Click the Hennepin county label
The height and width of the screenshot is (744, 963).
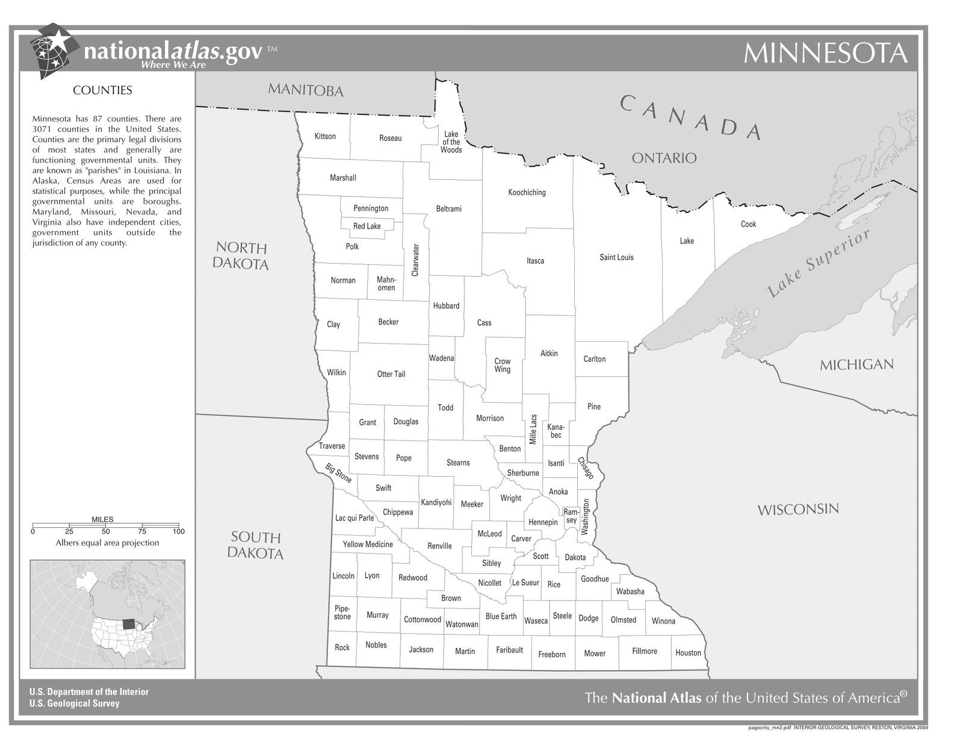coord(543,522)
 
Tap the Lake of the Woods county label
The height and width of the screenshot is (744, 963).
coord(451,142)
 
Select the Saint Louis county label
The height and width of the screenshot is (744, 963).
coord(616,258)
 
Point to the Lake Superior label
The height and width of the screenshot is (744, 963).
coord(819,264)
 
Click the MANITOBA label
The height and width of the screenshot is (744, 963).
coord(305,91)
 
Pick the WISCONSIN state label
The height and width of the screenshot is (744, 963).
coord(797,510)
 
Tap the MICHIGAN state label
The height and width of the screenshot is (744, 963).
coord(856,365)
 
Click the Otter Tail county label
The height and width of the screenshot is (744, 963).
coord(391,374)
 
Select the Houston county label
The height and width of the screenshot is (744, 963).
coord(688,653)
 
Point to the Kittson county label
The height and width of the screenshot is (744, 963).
coord(325,137)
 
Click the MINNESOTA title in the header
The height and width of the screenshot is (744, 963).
coord(825,54)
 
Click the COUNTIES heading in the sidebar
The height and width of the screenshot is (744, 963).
coord(102,90)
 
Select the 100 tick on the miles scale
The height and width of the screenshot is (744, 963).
coord(179,532)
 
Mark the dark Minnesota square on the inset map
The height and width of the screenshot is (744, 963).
coord(128,624)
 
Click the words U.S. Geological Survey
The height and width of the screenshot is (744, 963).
coord(74,703)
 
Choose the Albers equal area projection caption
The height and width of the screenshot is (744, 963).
coord(107,543)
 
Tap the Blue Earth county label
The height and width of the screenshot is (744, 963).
coord(501,616)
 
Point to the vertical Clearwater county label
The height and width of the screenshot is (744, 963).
coord(415,260)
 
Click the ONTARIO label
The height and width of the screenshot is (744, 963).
coord(664,158)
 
